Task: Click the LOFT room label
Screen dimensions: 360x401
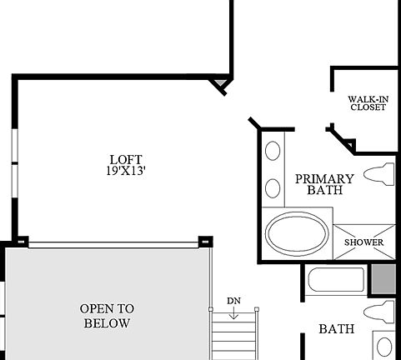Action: (x=126, y=159)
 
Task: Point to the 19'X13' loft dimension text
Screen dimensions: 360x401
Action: (x=126, y=171)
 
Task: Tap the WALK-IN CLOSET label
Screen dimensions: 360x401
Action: (x=367, y=102)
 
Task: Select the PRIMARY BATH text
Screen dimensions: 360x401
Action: (x=324, y=184)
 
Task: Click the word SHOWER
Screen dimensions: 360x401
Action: (x=364, y=242)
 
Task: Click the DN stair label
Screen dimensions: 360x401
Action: (x=233, y=300)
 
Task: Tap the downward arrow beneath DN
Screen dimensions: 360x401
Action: (x=234, y=314)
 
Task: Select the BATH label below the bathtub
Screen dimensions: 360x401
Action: (x=337, y=329)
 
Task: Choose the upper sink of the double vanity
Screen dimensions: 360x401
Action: (x=273, y=152)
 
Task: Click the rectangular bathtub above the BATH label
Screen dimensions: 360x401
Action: (x=335, y=279)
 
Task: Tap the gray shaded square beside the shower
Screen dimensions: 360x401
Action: (x=383, y=278)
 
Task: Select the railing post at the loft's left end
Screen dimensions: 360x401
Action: (x=21, y=242)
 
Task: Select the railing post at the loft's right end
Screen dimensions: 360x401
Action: (x=204, y=242)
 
